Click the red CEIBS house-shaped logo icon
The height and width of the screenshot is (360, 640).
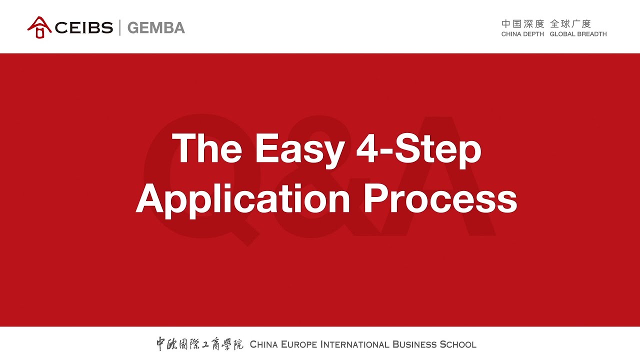click(x=39, y=27)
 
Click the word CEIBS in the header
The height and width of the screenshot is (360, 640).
click(x=84, y=27)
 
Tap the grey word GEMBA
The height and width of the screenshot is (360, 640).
click(x=156, y=27)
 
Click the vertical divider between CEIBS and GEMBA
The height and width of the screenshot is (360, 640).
click(x=120, y=27)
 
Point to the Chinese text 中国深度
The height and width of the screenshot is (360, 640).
click(x=522, y=24)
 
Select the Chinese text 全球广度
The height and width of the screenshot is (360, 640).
click(x=570, y=24)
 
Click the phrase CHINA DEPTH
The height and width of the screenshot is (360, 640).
click(x=522, y=34)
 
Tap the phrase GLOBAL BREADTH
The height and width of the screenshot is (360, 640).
click(x=578, y=34)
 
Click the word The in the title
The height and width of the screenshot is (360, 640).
click(x=207, y=148)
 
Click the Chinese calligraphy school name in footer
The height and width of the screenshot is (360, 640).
click(x=199, y=344)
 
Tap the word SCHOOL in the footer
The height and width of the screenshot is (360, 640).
click(x=458, y=344)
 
